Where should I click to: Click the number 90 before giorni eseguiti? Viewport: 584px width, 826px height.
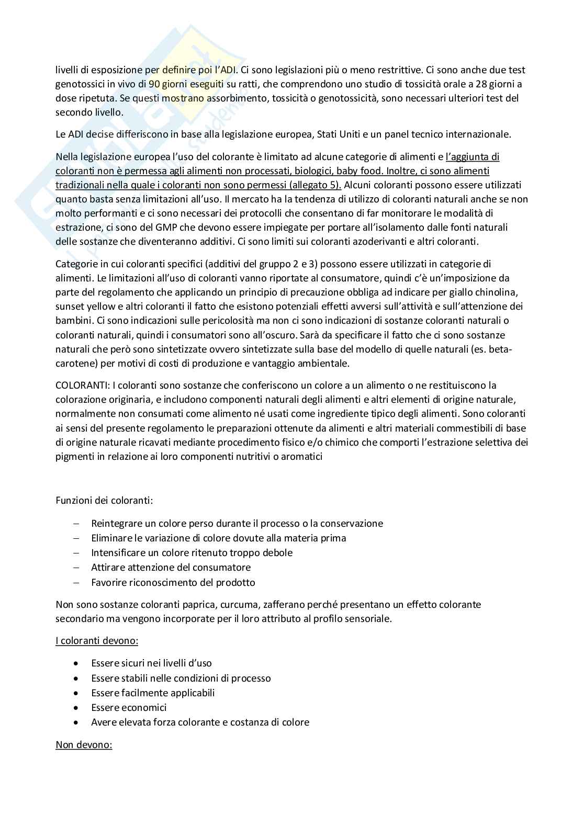154,84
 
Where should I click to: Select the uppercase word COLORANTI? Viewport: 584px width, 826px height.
82,386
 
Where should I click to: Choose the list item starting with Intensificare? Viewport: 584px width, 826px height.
192,553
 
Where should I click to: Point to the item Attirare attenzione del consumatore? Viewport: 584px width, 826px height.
171,568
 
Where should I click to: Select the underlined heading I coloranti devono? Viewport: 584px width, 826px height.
97,641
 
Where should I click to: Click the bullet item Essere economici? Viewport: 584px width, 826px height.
129,708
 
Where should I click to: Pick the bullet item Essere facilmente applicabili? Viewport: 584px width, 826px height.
153,693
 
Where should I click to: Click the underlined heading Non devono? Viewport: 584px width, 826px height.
84,744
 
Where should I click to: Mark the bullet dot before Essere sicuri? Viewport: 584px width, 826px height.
77,664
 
